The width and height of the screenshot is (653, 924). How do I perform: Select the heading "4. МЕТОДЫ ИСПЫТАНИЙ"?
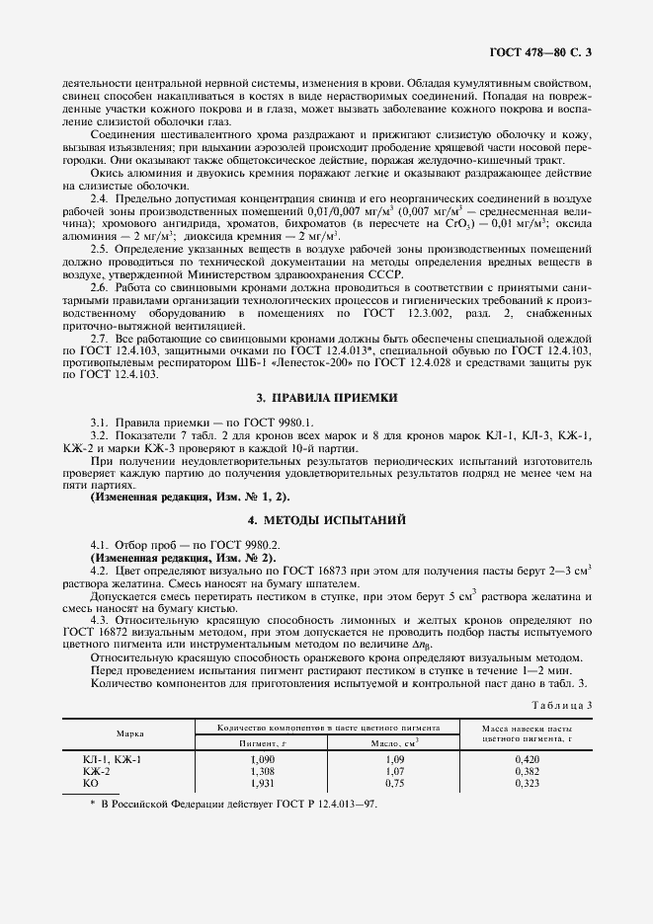click(x=326, y=519)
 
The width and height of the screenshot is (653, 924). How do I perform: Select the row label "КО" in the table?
click(x=91, y=782)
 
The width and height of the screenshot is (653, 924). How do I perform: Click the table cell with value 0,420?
click(x=530, y=758)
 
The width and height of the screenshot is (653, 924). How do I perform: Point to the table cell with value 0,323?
click(x=530, y=782)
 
